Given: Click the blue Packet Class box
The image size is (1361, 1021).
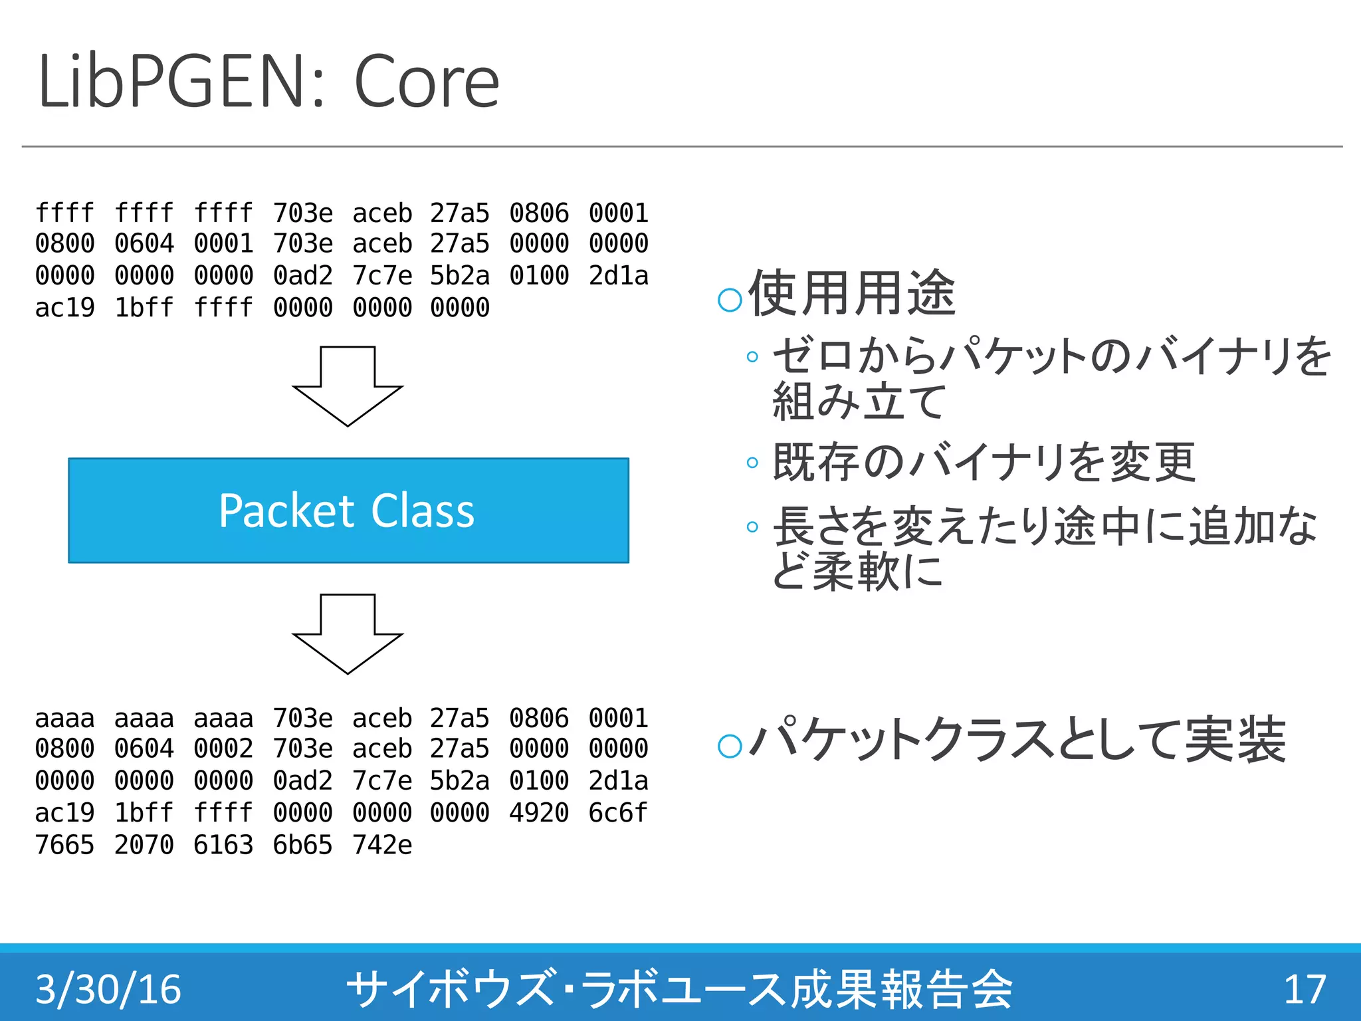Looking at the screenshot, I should (x=348, y=510).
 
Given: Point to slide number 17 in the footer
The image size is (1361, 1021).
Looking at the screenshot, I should (x=1305, y=989).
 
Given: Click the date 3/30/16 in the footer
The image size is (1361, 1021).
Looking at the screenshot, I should (x=108, y=989).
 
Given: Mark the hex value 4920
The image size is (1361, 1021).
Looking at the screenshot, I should (x=539, y=813).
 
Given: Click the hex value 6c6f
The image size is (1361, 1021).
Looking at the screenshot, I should (x=618, y=813).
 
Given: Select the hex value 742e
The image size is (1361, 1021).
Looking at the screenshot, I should (x=382, y=845).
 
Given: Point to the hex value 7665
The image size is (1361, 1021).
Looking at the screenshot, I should (x=64, y=845).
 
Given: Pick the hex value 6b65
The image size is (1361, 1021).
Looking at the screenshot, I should (x=302, y=845).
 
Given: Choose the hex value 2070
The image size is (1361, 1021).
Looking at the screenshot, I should (x=144, y=845).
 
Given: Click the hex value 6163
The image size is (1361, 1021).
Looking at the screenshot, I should (x=223, y=845).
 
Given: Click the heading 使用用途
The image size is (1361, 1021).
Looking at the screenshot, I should (x=852, y=294).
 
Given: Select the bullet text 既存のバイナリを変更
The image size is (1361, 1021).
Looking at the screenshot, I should (x=984, y=462).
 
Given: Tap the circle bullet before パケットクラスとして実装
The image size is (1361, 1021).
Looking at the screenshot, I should (x=730, y=746).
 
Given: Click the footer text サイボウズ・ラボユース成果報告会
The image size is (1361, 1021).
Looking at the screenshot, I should (x=679, y=989).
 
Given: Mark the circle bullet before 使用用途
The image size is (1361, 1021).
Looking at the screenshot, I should (x=730, y=300).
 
